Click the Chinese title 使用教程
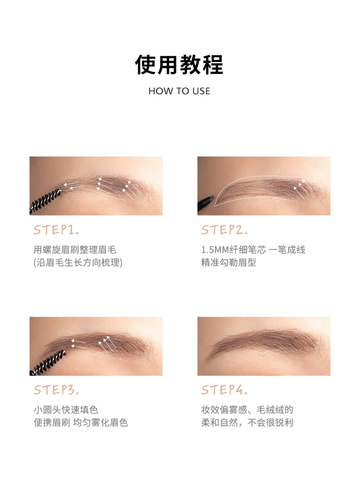(179, 65)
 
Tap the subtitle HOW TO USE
(180, 91)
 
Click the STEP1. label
(56, 230)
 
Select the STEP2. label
(224, 230)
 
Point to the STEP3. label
(56, 390)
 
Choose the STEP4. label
(224, 390)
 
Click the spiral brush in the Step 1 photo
(45, 202)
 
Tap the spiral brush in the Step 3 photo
(48, 363)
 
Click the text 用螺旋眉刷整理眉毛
(75, 250)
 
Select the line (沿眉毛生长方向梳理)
(78, 263)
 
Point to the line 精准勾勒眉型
(228, 263)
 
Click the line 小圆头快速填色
(65, 409)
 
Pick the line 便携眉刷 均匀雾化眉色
(81, 422)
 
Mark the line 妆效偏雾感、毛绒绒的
(247, 409)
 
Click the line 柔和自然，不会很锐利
(247, 422)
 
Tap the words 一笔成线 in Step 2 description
(287, 250)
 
